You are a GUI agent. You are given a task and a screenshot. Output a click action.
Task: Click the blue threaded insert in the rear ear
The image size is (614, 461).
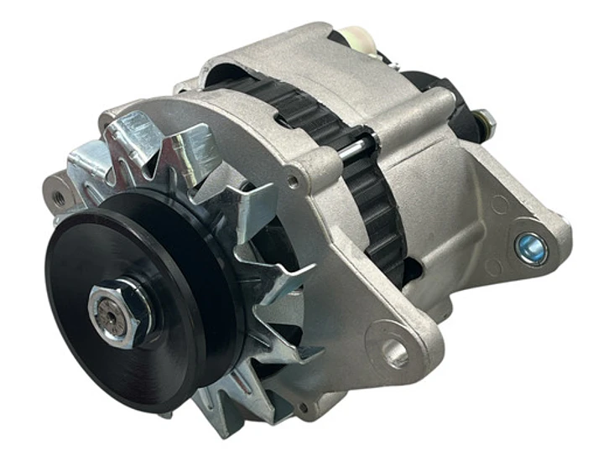pos(532,248)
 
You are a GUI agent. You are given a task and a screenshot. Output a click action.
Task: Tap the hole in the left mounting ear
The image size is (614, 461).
pos(58,198)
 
